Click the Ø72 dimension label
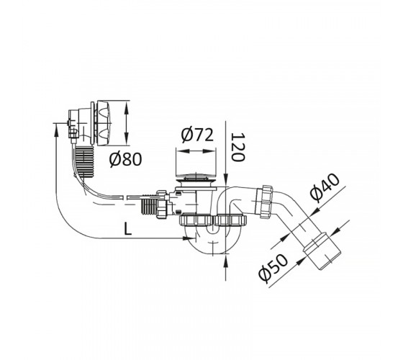[x=197, y=135]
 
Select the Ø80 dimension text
[x=125, y=159]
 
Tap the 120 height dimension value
[x=237, y=147]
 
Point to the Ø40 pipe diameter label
[x=325, y=186]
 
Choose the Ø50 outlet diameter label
[x=273, y=268]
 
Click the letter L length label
[x=128, y=229]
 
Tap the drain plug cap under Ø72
[x=196, y=176]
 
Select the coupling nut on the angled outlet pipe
[x=266, y=202]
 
